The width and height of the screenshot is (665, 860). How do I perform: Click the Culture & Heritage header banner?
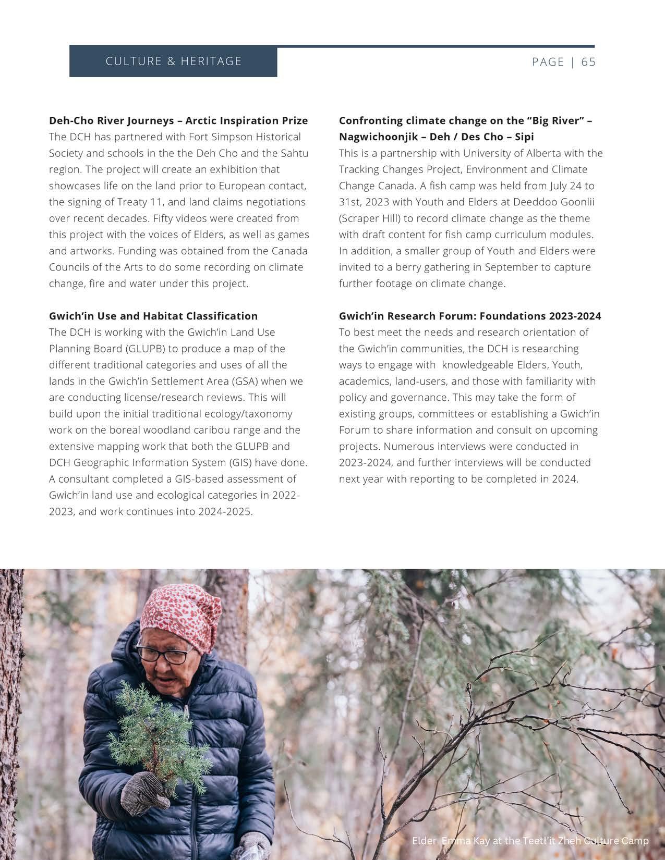click(x=173, y=62)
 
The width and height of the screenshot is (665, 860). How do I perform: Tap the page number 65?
click(x=588, y=62)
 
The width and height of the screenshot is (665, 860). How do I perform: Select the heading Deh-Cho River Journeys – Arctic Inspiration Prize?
click(x=178, y=120)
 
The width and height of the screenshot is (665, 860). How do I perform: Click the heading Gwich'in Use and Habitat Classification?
click(x=153, y=316)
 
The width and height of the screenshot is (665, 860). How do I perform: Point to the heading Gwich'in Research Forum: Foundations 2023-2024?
click(x=469, y=316)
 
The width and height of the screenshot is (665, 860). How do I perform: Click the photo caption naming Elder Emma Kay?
click(x=530, y=841)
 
